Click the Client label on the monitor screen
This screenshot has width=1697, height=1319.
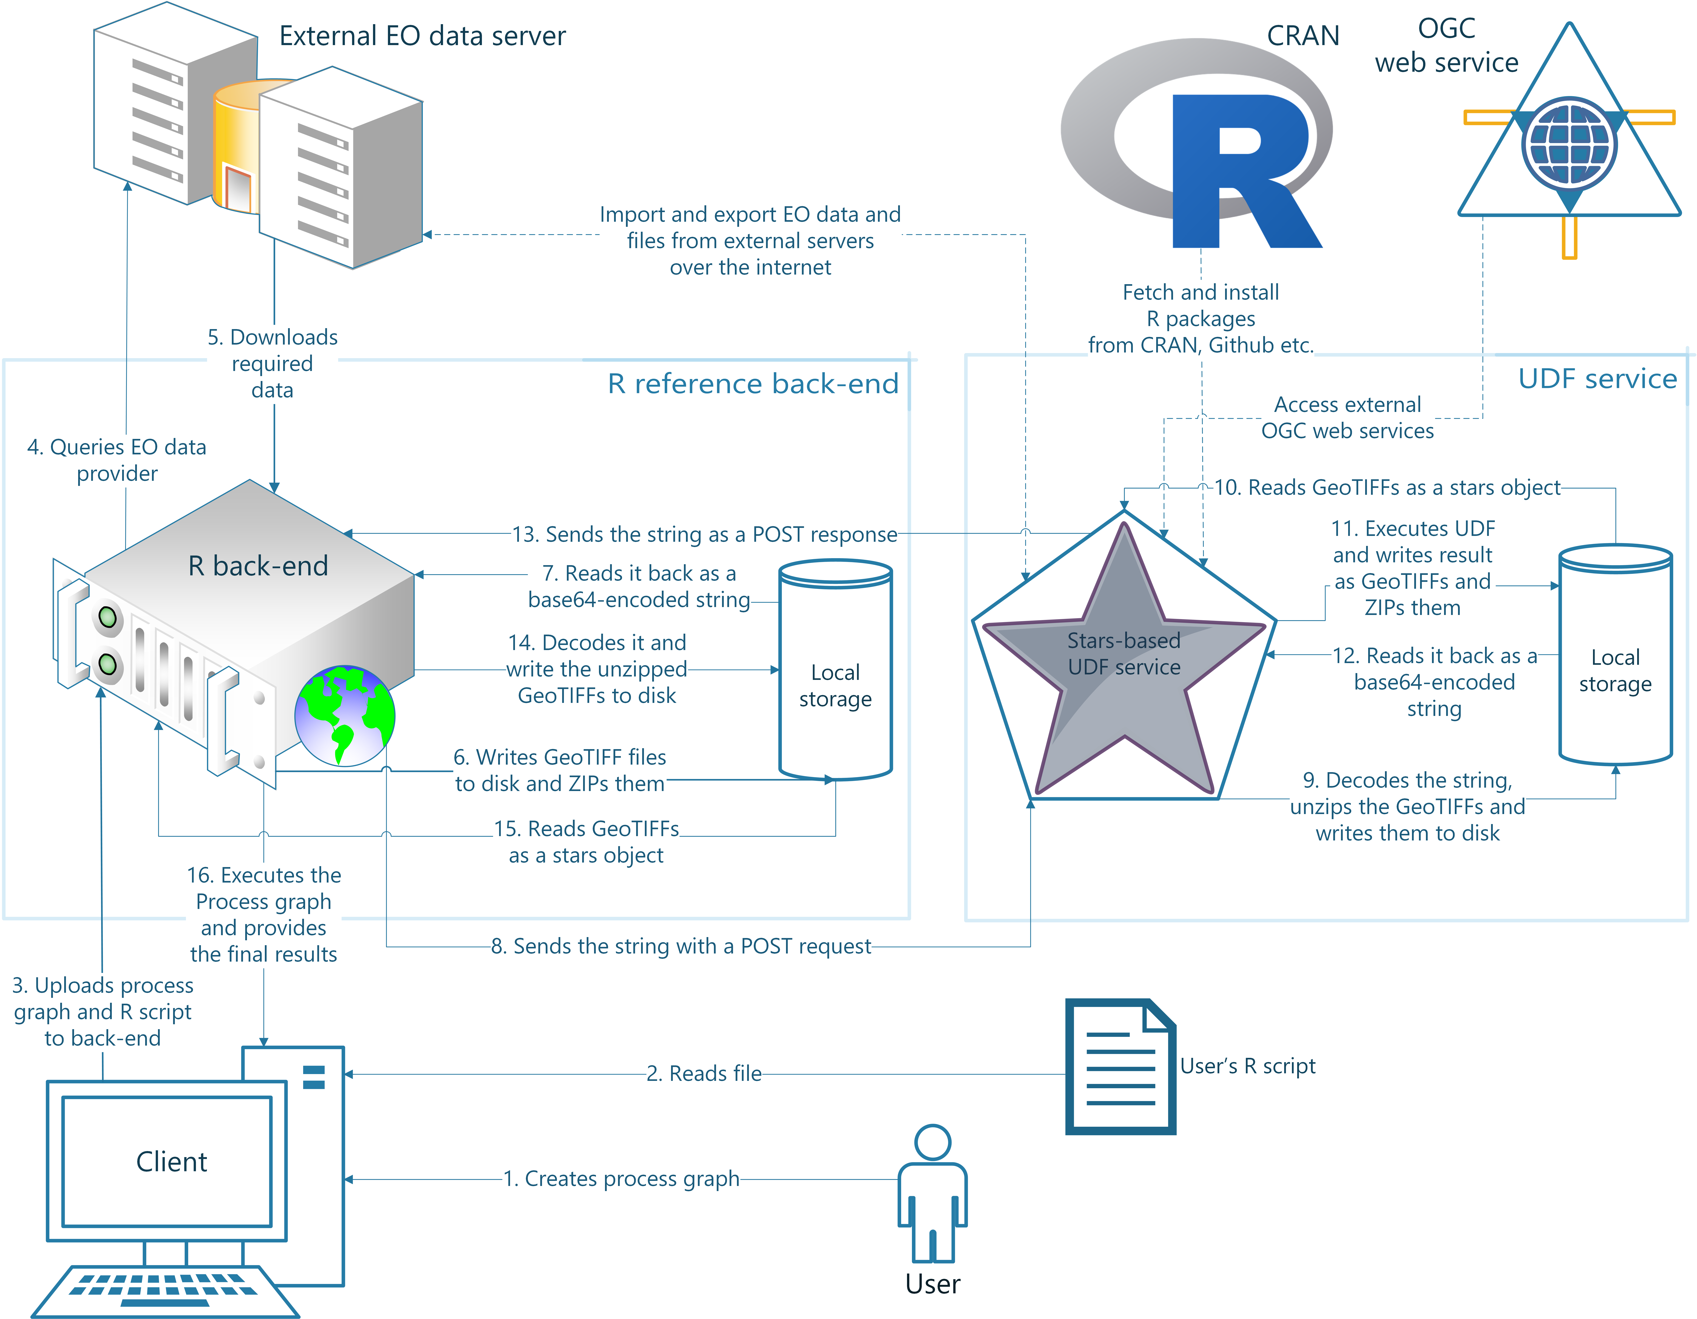172,1161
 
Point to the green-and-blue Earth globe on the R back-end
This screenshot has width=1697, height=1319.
344,715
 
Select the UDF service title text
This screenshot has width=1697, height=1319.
1598,378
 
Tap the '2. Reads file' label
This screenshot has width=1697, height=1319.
704,1074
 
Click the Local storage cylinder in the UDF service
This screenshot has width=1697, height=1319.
1615,654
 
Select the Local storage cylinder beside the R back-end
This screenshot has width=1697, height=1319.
835,670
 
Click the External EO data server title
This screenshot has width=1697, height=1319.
423,36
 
